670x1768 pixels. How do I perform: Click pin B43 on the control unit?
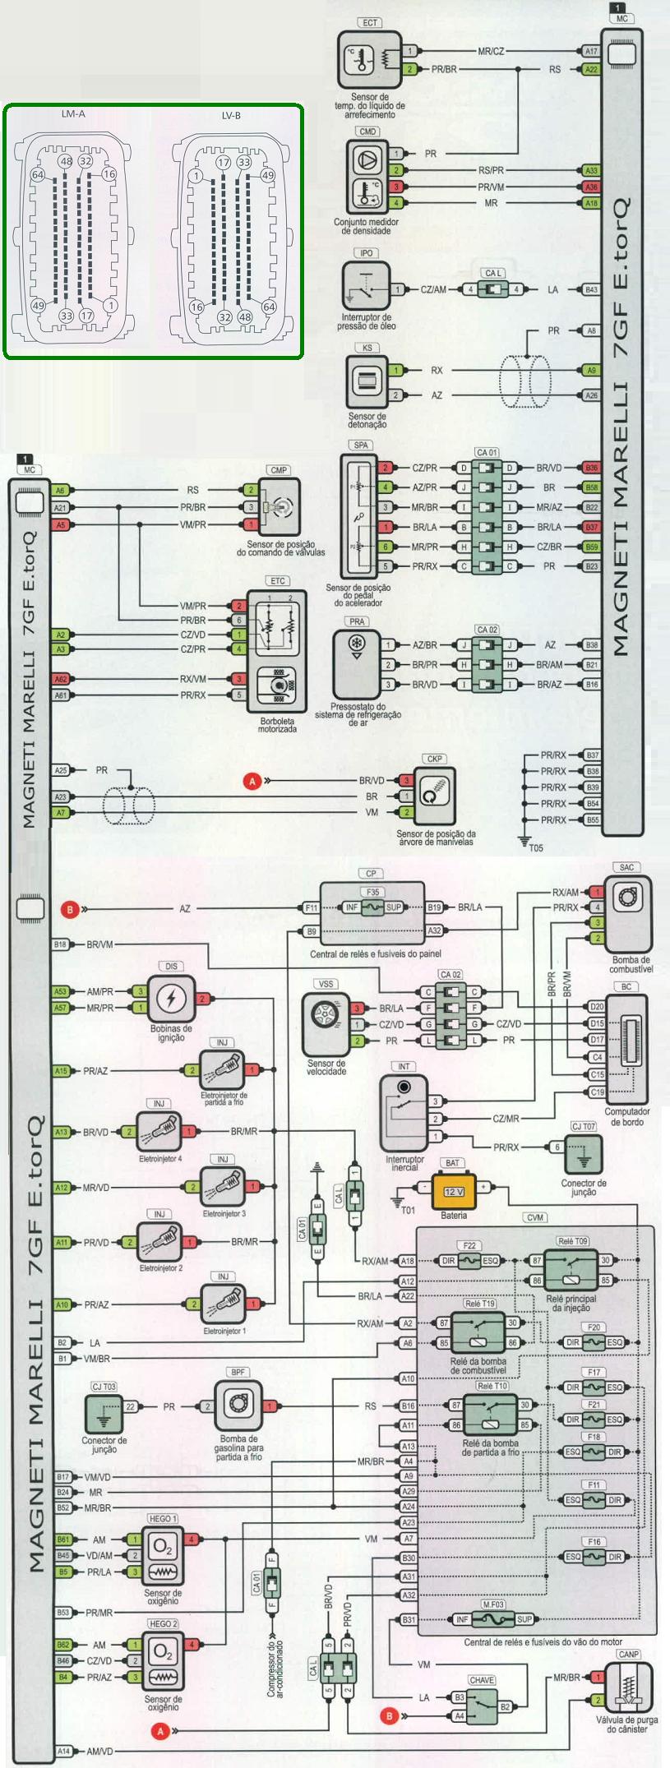(591, 289)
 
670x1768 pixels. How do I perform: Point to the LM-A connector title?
(72, 114)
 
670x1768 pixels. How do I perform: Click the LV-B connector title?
(232, 116)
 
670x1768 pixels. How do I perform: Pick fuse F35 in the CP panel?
(372, 907)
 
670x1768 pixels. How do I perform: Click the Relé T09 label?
(572, 1241)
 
